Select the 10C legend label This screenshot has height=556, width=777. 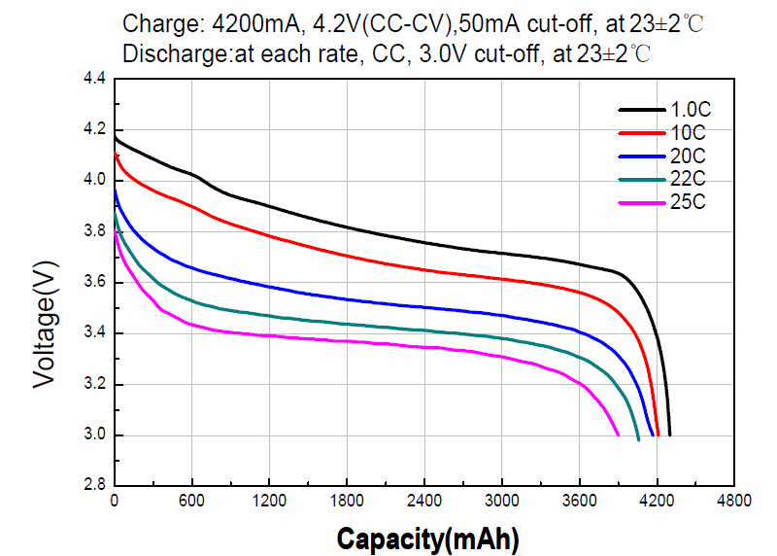(687, 132)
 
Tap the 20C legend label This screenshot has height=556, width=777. (687, 156)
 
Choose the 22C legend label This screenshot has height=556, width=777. (687, 179)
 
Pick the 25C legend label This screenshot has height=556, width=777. (687, 202)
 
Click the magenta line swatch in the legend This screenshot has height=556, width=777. (640, 202)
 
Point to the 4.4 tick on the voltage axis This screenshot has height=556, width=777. (94, 78)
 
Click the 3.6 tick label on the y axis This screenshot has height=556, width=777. (94, 282)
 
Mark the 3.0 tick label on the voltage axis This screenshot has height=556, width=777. (94, 434)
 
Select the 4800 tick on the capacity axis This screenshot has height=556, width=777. (734, 502)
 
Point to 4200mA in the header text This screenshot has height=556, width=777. (251, 23)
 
